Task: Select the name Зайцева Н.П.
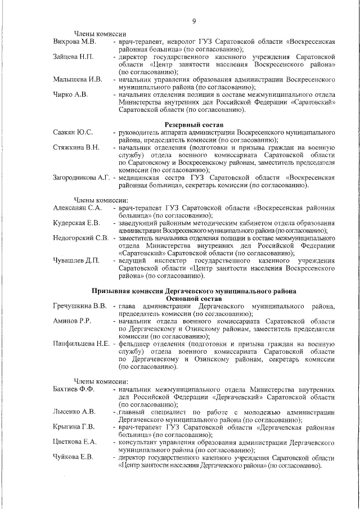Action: [x=73, y=57]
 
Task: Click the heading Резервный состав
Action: [x=193, y=123]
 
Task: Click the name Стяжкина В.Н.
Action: [x=76, y=147]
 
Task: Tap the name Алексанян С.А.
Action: [x=77, y=208]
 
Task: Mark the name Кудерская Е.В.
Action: [x=76, y=223]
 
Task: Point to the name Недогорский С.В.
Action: [x=80, y=238]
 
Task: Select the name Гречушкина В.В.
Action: [x=79, y=306]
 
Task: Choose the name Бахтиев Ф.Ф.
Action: [x=74, y=389]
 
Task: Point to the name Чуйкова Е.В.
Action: [x=73, y=456]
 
